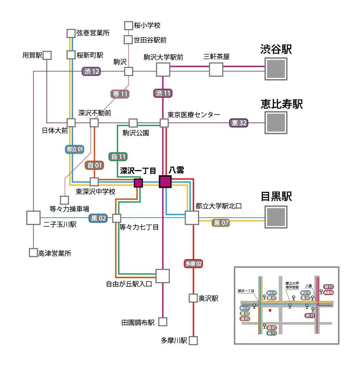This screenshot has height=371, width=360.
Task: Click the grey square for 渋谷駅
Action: tap(276, 69)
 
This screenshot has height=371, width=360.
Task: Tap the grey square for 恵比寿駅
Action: tap(276, 123)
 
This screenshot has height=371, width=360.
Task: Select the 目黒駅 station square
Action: tap(276, 217)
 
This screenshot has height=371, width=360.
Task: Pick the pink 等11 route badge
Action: tap(120, 94)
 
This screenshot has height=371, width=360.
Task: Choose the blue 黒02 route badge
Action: tap(98, 218)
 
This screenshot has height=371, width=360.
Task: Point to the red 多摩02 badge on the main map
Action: tap(193, 264)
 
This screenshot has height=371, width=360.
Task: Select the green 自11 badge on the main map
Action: tap(118, 157)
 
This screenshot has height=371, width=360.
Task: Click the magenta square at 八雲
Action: tap(165, 182)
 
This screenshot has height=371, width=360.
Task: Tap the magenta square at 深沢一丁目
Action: tap(138, 183)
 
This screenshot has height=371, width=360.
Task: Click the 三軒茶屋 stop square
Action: tap(216, 69)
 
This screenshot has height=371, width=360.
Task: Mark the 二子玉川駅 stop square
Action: tap(33, 218)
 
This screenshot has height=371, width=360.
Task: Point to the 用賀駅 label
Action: tap(32, 55)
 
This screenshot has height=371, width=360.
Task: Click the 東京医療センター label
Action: tap(194, 115)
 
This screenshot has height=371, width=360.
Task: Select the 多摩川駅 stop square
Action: tap(194, 340)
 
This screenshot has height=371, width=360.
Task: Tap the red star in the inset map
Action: tap(270, 310)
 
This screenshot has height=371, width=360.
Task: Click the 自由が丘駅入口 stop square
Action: tap(163, 276)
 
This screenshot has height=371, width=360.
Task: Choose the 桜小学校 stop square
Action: tap(129, 26)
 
